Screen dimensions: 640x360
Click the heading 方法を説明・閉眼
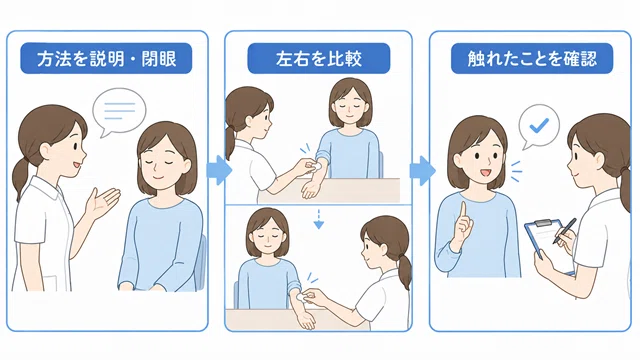pyautogui.click(x=106, y=59)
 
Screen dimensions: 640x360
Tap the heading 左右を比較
pyautogui.click(x=319, y=59)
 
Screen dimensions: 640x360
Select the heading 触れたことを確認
pyautogui.click(x=532, y=59)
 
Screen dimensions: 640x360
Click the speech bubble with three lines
pyautogui.click(x=119, y=111)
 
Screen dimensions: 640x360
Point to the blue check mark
pyautogui.click(x=539, y=125)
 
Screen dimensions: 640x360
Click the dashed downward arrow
pyautogui.click(x=319, y=219)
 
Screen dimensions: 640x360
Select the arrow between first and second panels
pyautogui.click(x=219, y=170)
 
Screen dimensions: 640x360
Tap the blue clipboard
pyautogui.click(x=549, y=246)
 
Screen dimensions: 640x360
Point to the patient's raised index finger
pyautogui.click(x=463, y=212)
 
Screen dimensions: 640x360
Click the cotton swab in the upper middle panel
pyautogui.click(x=314, y=166)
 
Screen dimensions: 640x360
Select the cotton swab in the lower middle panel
pyautogui.click(x=301, y=297)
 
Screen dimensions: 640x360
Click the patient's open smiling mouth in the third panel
pyautogui.click(x=484, y=173)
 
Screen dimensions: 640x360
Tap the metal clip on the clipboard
pyautogui.click(x=543, y=223)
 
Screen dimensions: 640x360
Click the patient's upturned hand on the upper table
pyautogui.click(x=310, y=190)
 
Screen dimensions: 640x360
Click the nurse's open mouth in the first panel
pyautogui.click(x=77, y=165)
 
